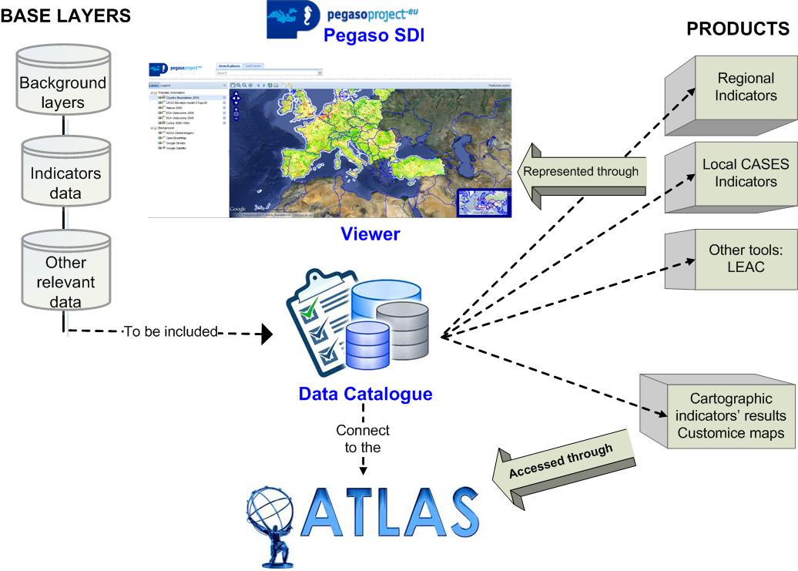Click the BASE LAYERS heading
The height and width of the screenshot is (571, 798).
tap(65, 15)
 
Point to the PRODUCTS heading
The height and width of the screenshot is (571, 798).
tap(737, 29)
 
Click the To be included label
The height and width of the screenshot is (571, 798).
tap(171, 332)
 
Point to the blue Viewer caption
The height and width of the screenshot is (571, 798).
tap(370, 233)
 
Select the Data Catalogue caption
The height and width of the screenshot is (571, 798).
tap(365, 395)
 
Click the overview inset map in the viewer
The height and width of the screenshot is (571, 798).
tap(482, 201)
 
